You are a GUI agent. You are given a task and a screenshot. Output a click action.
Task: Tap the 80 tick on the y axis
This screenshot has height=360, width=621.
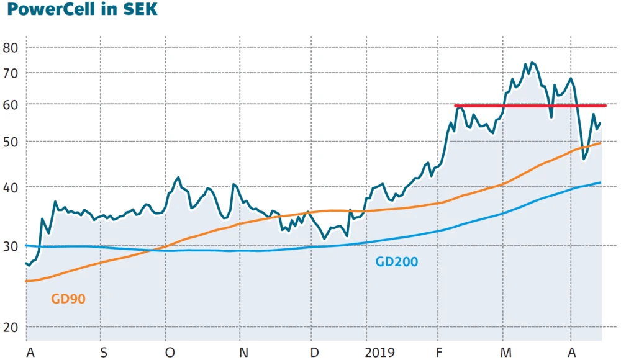coord(11,48)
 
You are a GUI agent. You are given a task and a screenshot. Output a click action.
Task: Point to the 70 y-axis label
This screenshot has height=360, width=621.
coord(11,73)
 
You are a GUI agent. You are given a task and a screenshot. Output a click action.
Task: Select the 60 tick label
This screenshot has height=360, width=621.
coord(11,104)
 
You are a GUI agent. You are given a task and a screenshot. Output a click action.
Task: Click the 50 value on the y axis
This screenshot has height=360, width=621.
coord(11,142)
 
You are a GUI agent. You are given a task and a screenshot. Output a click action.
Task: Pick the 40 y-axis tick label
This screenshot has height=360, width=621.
coord(11,187)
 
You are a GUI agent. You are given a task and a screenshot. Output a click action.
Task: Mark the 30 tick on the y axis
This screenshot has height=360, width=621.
coord(11,246)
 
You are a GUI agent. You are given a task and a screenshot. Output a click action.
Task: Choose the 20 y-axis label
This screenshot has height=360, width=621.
coord(11,327)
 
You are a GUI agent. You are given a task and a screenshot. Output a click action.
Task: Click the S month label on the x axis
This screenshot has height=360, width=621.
coord(103,353)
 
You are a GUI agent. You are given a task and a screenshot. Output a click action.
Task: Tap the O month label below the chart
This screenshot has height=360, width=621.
coord(170,353)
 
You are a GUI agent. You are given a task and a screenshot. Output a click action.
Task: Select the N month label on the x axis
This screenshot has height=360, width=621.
coord(243,353)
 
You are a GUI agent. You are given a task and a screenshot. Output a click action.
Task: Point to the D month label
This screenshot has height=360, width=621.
coord(315,353)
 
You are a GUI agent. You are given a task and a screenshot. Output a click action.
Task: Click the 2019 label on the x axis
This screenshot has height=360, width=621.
coord(379,353)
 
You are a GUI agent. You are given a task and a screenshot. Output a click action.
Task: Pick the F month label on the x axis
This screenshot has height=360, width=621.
coord(439,353)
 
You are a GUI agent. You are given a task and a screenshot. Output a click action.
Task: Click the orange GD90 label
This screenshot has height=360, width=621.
coord(68,299)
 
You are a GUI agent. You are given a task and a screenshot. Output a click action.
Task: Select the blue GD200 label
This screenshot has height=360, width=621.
coord(397,262)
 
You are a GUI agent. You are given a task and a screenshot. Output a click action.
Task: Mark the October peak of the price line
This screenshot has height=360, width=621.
coord(178,178)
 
